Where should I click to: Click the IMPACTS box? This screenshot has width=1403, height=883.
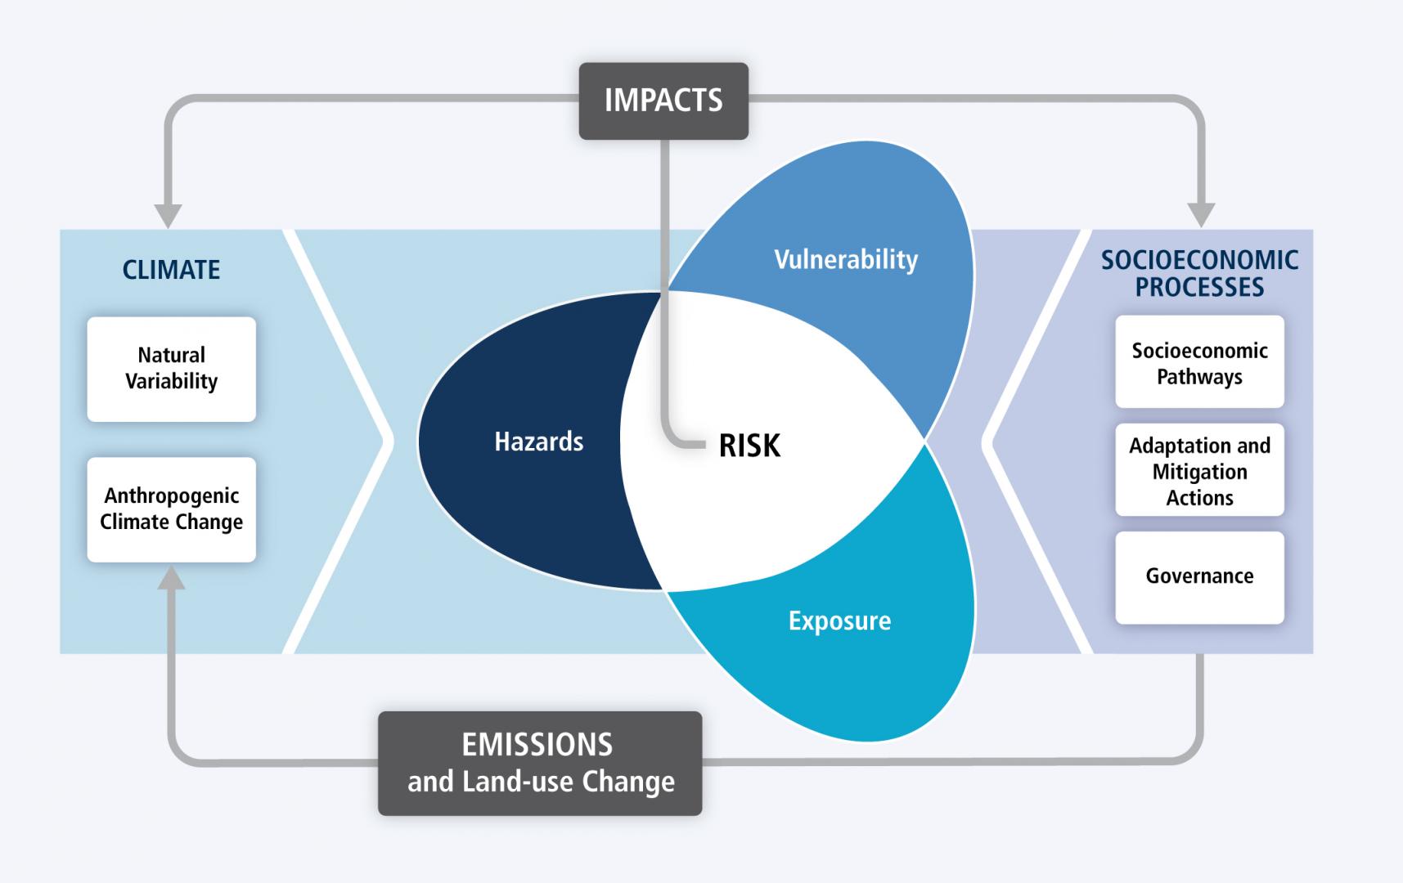tap(663, 101)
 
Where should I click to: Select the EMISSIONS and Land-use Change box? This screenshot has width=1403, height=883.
tap(540, 763)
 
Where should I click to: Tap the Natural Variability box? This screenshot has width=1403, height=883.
tap(172, 369)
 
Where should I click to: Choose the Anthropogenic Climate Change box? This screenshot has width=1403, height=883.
tap(172, 509)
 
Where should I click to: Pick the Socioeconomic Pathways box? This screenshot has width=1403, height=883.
tap(1199, 362)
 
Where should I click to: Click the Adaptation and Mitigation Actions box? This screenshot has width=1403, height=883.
tap(1199, 470)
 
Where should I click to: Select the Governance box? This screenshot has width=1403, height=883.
tap(1199, 577)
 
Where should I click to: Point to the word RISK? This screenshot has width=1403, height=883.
tap(749, 446)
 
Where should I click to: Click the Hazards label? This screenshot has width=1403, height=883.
tap(539, 441)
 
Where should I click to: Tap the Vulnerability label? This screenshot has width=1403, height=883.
tap(846, 260)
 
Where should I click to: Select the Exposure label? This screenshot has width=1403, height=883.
tap(839, 621)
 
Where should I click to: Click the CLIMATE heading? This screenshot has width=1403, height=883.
tap(171, 270)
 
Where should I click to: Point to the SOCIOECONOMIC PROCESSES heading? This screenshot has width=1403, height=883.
tap(1199, 273)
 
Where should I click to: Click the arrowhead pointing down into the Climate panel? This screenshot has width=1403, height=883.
tap(168, 214)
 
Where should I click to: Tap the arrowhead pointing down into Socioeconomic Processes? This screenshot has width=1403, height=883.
tap(1201, 214)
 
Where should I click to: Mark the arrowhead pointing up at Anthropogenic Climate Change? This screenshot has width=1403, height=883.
tap(171, 577)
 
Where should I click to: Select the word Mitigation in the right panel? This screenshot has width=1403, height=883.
tap(1199, 472)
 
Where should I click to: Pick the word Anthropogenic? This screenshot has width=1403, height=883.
tap(172, 496)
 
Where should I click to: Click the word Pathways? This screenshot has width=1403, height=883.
tap(1199, 377)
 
